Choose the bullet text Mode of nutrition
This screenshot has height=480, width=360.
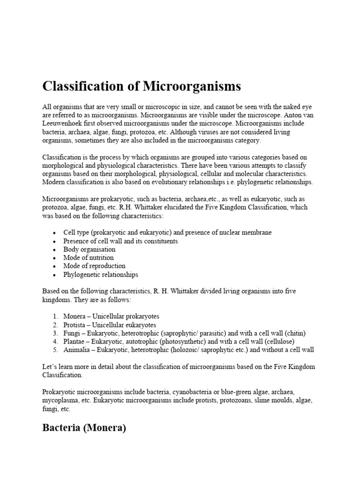[89, 258]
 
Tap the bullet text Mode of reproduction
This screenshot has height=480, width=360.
[94, 266]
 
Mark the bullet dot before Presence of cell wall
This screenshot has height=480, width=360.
[54, 241]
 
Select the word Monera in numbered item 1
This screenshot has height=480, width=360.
[75, 316]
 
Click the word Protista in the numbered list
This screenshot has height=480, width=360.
[75, 325]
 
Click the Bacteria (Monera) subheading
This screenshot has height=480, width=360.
[84, 428]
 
